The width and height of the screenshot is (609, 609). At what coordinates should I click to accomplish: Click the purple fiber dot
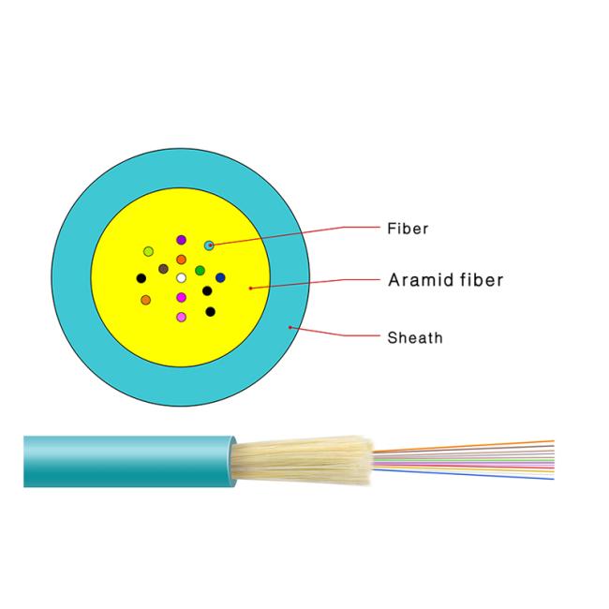point(181,240)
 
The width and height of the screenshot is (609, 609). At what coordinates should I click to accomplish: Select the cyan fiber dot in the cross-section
point(209,245)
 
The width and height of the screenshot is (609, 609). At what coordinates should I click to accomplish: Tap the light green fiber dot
point(148,251)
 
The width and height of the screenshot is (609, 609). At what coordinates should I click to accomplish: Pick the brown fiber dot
point(164,268)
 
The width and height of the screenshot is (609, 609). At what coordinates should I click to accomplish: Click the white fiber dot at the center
point(181,277)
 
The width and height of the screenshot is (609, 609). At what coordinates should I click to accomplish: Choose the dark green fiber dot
point(200,271)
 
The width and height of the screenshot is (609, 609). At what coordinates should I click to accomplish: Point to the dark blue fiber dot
point(220,277)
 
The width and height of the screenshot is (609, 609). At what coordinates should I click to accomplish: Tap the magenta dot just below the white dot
point(181,297)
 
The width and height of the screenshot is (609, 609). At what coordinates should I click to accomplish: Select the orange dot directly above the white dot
point(181,259)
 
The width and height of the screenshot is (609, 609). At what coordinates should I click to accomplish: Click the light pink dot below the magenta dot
point(181,317)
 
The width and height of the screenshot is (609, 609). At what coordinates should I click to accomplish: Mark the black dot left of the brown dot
point(141,278)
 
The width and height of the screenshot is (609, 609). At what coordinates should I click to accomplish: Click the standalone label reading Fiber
point(408,229)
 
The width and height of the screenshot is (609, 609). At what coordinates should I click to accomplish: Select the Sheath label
point(415,337)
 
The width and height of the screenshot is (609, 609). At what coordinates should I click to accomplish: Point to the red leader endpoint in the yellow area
point(250,289)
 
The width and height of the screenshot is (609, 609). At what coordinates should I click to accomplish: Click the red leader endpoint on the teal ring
point(290,327)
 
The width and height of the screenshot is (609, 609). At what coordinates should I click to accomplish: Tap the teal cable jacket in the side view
point(129,461)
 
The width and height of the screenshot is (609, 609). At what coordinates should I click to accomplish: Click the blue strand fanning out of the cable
point(464,474)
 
